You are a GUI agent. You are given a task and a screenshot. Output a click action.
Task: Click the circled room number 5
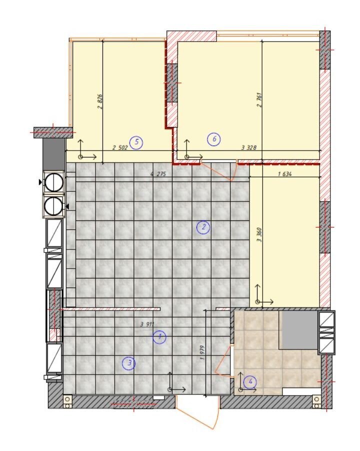pos(136,142)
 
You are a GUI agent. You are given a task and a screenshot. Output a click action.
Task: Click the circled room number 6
pos(214,139)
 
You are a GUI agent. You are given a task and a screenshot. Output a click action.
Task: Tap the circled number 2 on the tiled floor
pos(203,227)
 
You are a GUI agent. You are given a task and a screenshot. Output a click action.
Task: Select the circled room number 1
pos(159,337)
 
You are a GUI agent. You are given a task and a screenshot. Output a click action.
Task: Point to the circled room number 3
pos(129,363)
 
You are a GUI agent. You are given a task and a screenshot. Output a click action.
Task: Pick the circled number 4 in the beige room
pos(250,382)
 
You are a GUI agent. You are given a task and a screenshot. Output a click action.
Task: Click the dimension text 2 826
pos(100,101)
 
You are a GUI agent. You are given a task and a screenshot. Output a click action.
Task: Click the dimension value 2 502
pos(120,148)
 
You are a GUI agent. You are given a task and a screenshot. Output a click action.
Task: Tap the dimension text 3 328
pos(248,148)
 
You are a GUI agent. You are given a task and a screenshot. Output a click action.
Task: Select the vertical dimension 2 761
pos(259,99)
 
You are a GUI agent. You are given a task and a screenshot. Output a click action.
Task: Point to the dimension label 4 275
pos(158,174)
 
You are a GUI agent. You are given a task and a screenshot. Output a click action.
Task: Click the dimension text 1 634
pos(284,173)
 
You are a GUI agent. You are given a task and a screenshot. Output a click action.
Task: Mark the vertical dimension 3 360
pos(259,234)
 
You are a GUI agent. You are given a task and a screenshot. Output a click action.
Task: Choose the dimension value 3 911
pos(147,324)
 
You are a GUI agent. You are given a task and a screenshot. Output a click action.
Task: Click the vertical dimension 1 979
pos(202,352)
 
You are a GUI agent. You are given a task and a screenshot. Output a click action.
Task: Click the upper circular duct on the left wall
pos(54,182)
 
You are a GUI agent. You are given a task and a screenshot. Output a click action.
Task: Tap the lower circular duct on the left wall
pos(54,206)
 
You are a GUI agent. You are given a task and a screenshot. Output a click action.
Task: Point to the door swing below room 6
pos(218,170)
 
